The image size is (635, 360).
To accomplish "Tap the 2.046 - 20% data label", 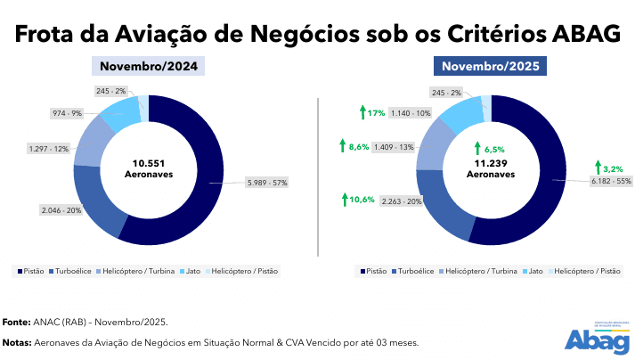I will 61,209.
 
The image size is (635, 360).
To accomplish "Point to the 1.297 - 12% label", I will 49,148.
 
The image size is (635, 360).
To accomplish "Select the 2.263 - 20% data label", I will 402,200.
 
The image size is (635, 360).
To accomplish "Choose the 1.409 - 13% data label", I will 394,146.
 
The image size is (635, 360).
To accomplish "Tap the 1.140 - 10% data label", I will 411,113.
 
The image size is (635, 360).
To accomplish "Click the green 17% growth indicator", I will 371,113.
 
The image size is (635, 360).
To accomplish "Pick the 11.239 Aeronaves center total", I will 491,168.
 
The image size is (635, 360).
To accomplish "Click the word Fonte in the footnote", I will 16,321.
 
